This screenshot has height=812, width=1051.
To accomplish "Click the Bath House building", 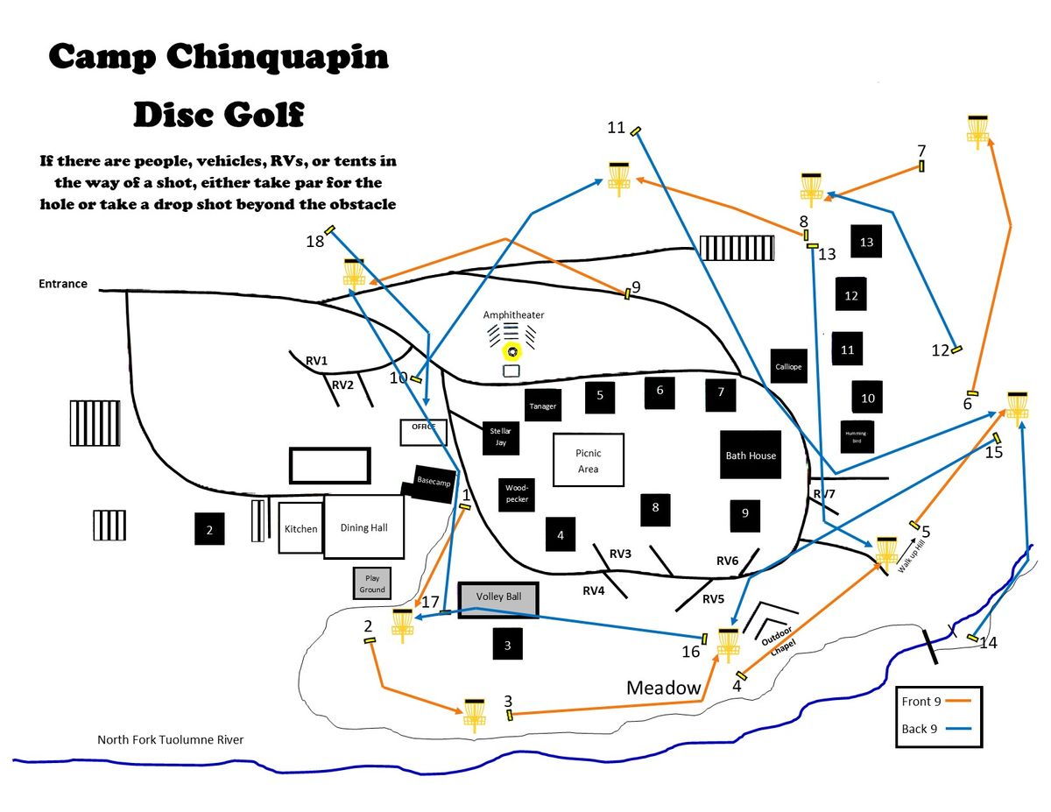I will pos(751,455).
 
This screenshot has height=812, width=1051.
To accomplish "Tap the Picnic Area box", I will pos(589,460).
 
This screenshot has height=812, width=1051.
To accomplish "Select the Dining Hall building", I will pos(363,527).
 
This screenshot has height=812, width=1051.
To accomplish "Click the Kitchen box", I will pos(300,528).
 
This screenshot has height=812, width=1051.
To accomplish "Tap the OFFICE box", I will pos(424,432).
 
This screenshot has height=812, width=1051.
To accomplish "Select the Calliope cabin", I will pos(788,367).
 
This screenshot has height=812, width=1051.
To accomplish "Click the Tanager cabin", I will pos(542,406).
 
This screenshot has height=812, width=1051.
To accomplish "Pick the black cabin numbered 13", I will pos(867,242).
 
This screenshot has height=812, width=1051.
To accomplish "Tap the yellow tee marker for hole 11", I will pos(637,131).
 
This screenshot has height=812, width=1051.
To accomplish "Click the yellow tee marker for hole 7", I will pos(922,166).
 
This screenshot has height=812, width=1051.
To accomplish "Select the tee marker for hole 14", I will pos(972,637).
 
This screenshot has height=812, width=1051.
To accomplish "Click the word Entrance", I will pos(63,284).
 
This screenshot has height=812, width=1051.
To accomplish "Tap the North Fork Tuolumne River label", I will pos(170,740).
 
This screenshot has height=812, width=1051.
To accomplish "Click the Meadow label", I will pos(664,688).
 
